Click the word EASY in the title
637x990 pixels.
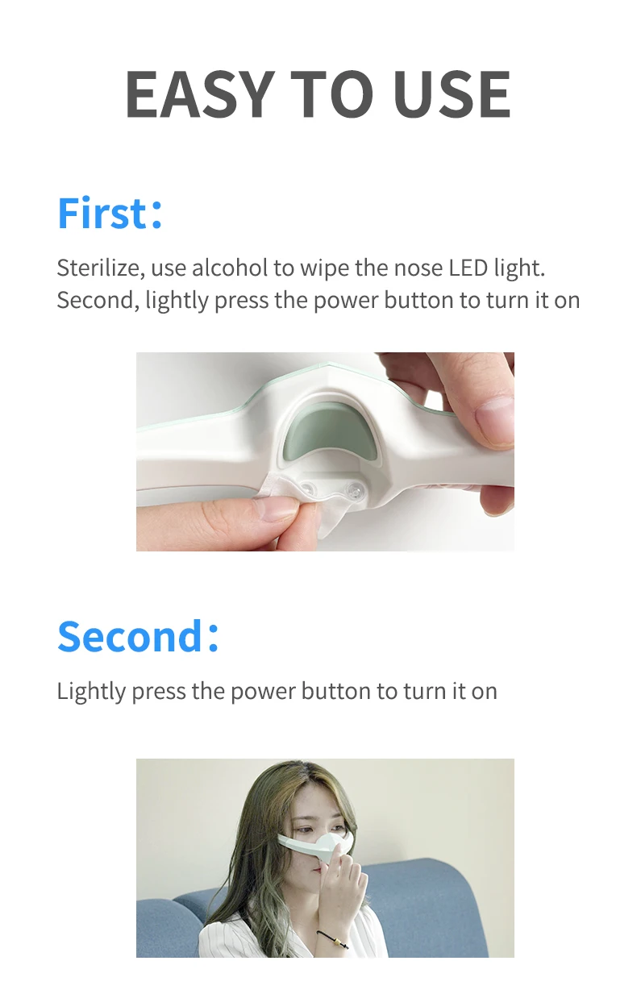click(198, 94)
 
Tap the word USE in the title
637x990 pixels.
click(452, 94)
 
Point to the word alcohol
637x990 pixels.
click(230, 268)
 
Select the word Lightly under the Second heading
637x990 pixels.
click(91, 692)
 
